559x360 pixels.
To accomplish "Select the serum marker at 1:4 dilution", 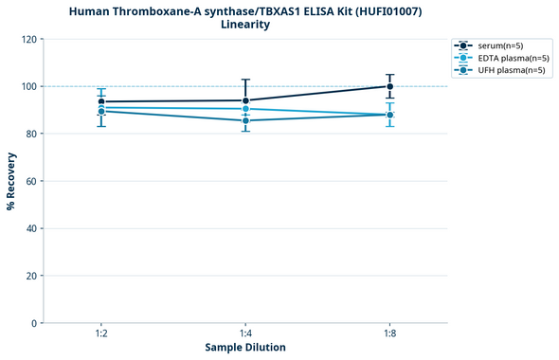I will tap(245, 100).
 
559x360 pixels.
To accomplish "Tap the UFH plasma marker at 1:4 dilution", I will tap(245, 120).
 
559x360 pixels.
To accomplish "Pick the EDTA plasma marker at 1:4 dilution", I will tap(245, 109).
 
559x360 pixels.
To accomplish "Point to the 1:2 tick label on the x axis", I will tap(100, 333).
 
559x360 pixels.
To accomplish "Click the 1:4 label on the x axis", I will tap(245, 333).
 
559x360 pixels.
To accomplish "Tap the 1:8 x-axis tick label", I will tap(390, 333).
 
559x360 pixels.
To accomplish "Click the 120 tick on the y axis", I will tap(29, 39).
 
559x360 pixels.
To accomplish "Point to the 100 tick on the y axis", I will tap(29, 86).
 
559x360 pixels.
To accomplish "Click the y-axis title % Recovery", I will tap(11, 180).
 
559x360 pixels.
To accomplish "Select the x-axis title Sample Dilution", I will tap(245, 348).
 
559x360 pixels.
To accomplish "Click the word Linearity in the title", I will tap(245, 25).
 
